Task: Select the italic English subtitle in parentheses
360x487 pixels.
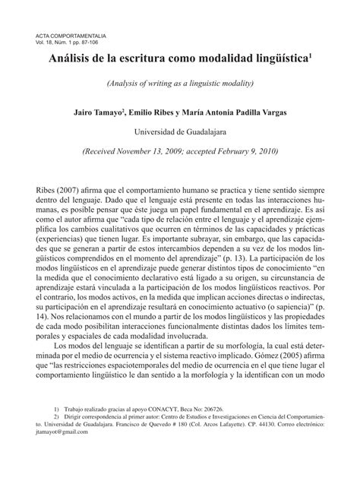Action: (x=179, y=82)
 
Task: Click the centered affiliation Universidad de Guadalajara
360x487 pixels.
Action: (x=180, y=131)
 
